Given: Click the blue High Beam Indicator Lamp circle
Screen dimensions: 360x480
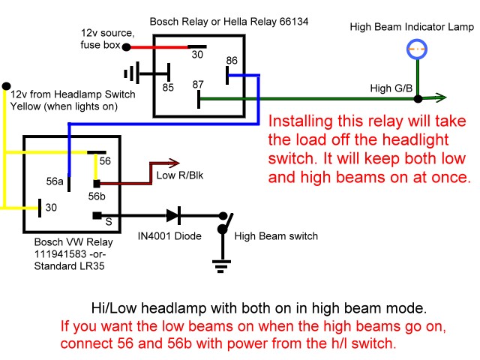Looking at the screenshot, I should pyautogui.click(x=417, y=49).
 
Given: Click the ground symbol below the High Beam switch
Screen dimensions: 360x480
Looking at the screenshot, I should pyautogui.click(x=221, y=263).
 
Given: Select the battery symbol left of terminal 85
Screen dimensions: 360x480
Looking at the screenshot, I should pyautogui.click(x=133, y=73).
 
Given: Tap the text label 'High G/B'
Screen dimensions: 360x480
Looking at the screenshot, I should pyautogui.click(x=391, y=88).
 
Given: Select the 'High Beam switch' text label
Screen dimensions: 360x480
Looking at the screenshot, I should pyautogui.click(x=276, y=235).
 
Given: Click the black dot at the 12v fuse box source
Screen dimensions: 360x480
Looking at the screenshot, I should pyautogui.click(x=126, y=47).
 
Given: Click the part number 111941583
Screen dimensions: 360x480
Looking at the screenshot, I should pyautogui.click(x=58, y=254).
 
